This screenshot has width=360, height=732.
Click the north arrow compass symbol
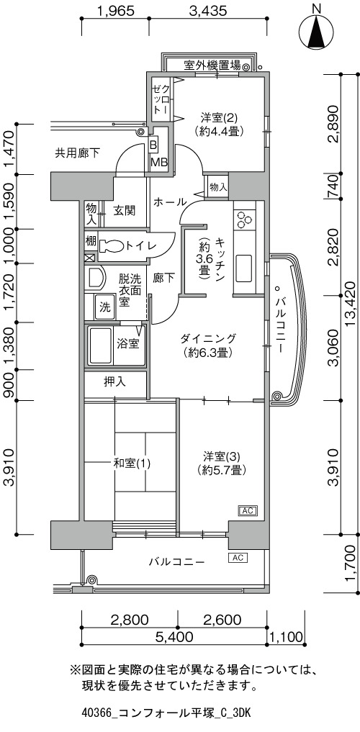click(x=317, y=31)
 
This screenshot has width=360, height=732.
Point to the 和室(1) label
click(x=132, y=464)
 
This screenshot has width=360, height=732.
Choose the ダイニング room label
click(x=209, y=338)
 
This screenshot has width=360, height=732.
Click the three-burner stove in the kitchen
click(x=244, y=220)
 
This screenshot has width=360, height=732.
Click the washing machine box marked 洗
click(x=106, y=307)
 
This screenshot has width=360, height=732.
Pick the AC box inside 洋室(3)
click(x=248, y=511)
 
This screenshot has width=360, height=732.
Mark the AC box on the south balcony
click(x=238, y=557)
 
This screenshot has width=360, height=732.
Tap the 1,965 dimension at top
click(x=116, y=10)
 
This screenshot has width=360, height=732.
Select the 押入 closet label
click(x=114, y=382)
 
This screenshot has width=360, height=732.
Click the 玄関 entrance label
click(x=125, y=211)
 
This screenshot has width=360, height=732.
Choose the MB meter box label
click(x=156, y=162)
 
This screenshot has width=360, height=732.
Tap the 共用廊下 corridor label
click(x=78, y=152)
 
